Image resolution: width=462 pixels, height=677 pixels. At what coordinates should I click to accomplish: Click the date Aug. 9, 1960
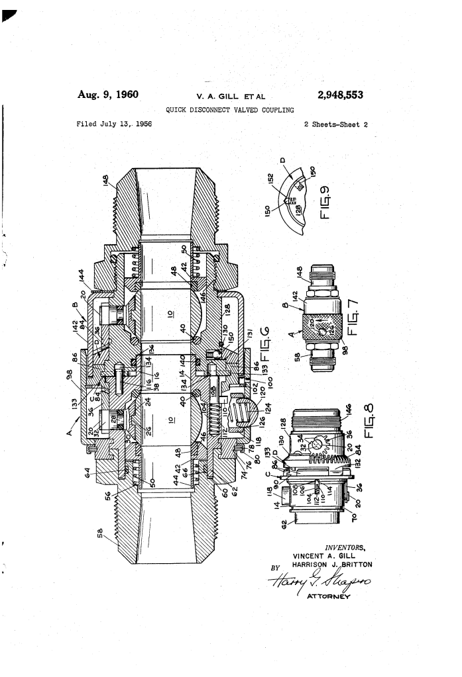(108, 95)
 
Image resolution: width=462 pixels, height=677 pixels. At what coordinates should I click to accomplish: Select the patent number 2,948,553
(340, 95)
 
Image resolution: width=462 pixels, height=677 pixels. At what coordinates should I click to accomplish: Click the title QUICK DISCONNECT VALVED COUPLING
(230, 110)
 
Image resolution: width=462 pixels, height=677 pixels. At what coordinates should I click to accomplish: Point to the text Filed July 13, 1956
(115, 124)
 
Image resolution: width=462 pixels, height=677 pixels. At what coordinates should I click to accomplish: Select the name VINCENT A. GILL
(324, 556)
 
